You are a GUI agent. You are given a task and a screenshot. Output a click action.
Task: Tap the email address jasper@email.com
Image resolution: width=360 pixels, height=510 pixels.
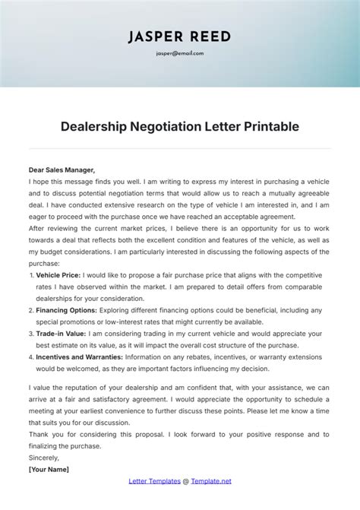tap(180, 54)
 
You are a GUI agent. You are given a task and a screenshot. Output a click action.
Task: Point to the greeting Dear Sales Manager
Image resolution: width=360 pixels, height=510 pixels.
tap(62, 170)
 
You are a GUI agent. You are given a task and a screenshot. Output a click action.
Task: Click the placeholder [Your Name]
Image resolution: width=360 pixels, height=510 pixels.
tap(49, 469)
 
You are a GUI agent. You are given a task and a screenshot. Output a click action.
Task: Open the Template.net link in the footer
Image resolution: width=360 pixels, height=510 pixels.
tap(210, 480)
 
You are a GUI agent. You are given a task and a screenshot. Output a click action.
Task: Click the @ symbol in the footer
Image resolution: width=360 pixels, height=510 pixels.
tap(186, 480)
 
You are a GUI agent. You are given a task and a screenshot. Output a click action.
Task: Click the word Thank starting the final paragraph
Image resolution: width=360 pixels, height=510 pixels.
tap(39, 434)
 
